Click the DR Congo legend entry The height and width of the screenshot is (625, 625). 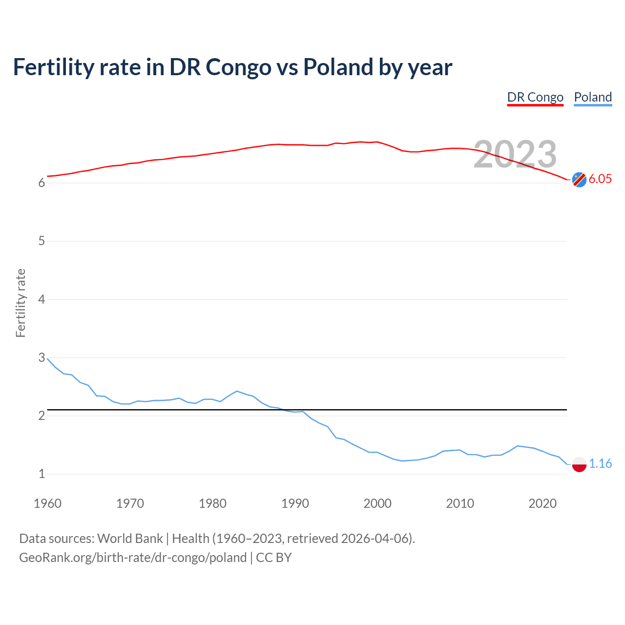(x=535, y=97)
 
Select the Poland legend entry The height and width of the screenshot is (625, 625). (x=593, y=97)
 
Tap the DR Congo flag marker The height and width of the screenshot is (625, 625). (x=579, y=180)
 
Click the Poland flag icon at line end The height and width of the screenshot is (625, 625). (x=579, y=464)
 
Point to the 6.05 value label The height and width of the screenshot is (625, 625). (x=600, y=179)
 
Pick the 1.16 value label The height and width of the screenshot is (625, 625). (x=600, y=463)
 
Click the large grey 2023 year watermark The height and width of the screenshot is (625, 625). (x=515, y=154)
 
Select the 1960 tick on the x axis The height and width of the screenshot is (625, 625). (x=47, y=503)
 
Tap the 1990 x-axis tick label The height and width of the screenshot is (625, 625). (x=295, y=503)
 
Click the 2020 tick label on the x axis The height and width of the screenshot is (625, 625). (x=542, y=503)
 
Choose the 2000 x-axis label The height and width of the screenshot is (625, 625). (x=377, y=503)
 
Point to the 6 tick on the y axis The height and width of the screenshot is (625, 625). (x=42, y=183)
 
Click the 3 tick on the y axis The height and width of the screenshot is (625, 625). (x=42, y=357)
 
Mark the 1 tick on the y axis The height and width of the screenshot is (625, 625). (x=42, y=474)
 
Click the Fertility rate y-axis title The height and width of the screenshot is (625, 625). (x=21, y=303)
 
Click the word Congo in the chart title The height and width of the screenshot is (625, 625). (x=239, y=67)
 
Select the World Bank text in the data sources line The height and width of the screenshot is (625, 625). (x=130, y=539)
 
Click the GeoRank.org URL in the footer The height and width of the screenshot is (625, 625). (x=133, y=558)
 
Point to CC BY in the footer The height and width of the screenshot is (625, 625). (x=273, y=558)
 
